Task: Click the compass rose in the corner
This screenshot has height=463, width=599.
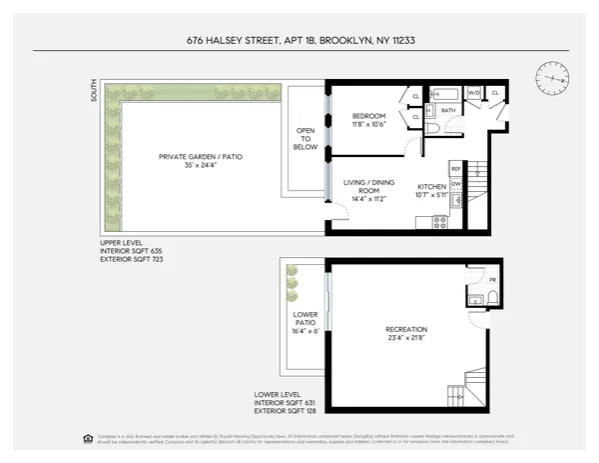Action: click(550, 76)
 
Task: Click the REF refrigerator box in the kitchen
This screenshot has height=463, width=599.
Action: click(455, 169)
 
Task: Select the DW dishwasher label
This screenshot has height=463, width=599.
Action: click(455, 184)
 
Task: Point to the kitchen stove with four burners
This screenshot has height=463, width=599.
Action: click(438, 222)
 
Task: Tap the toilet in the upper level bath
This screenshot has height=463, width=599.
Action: click(432, 128)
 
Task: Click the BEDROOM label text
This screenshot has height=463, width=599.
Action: click(368, 117)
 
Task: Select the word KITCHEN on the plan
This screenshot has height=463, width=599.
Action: click(430, 187)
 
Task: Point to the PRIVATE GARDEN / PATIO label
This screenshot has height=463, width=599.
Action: click(201, 157)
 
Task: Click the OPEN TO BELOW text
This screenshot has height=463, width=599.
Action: click(305, 139)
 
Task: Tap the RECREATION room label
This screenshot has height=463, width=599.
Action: click(406, 329)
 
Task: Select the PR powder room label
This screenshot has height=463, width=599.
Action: click(478, 279)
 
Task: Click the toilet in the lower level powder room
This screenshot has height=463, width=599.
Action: click(475, 297)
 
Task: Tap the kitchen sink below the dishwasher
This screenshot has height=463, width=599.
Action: click(455, 200)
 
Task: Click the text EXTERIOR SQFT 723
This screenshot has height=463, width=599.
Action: click(132, 259)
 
